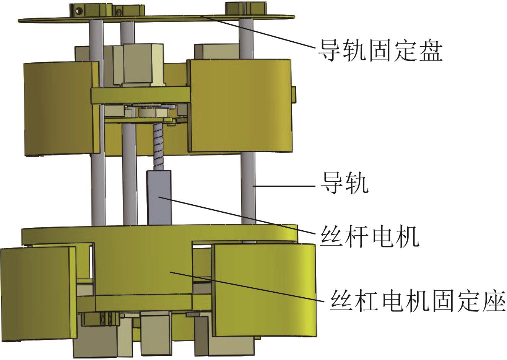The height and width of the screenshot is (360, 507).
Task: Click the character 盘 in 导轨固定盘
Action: pos(430,51)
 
